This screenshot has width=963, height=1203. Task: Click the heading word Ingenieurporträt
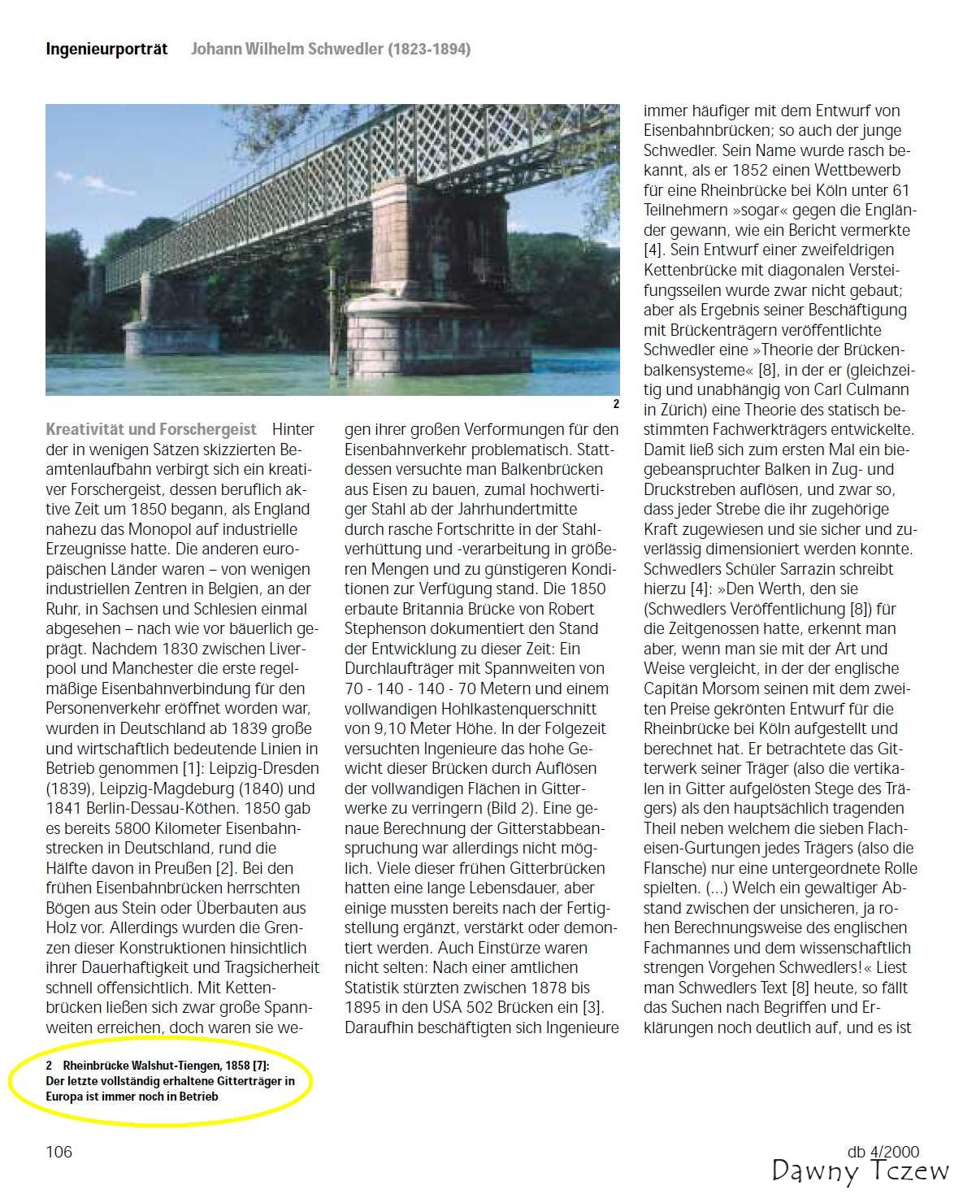click(x=106, y=49)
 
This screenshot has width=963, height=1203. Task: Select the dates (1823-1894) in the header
click(x=429, y=49)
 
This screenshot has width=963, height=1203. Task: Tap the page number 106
click(x=59, y=1151)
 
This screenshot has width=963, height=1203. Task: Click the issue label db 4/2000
click(x=883, y=1151)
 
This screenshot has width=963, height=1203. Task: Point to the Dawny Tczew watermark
click(x=860, y=1171)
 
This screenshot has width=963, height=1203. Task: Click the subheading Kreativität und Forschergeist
click(x=151, y=429)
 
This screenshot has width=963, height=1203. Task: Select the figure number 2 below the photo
click(x=616, y=404)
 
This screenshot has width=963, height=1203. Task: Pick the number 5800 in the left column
click(x=117, y=828)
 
